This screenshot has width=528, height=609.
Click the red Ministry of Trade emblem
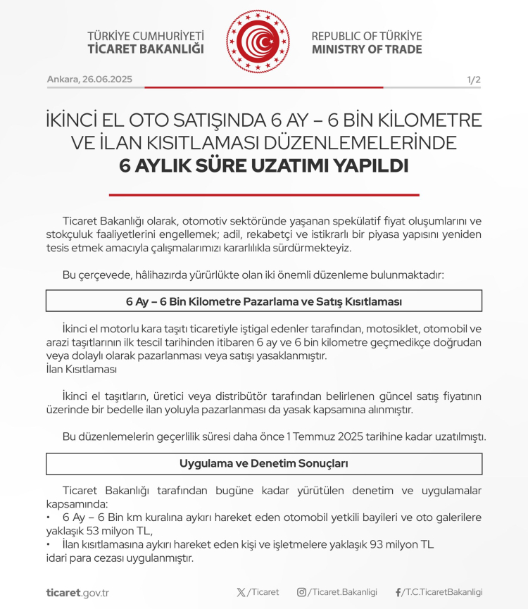(x=258, y=42)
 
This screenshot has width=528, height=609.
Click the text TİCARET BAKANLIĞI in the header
(x=146, y=49)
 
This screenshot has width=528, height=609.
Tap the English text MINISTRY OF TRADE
(x=367, y=49)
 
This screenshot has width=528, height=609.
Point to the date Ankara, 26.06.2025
(x=89, y=80)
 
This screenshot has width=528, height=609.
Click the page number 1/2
(x=473, y=80)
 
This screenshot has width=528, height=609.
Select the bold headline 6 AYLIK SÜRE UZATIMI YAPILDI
(x=264, y=166)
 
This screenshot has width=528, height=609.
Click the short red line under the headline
(x=264, y=195)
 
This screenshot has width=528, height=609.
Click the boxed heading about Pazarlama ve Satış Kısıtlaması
(x=264, y=301)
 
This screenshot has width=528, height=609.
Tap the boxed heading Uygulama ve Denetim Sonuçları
(x=264, y=464)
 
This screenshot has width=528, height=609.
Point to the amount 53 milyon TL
(x=118, y=531)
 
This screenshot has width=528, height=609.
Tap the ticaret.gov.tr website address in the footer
(x=77, y=592)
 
